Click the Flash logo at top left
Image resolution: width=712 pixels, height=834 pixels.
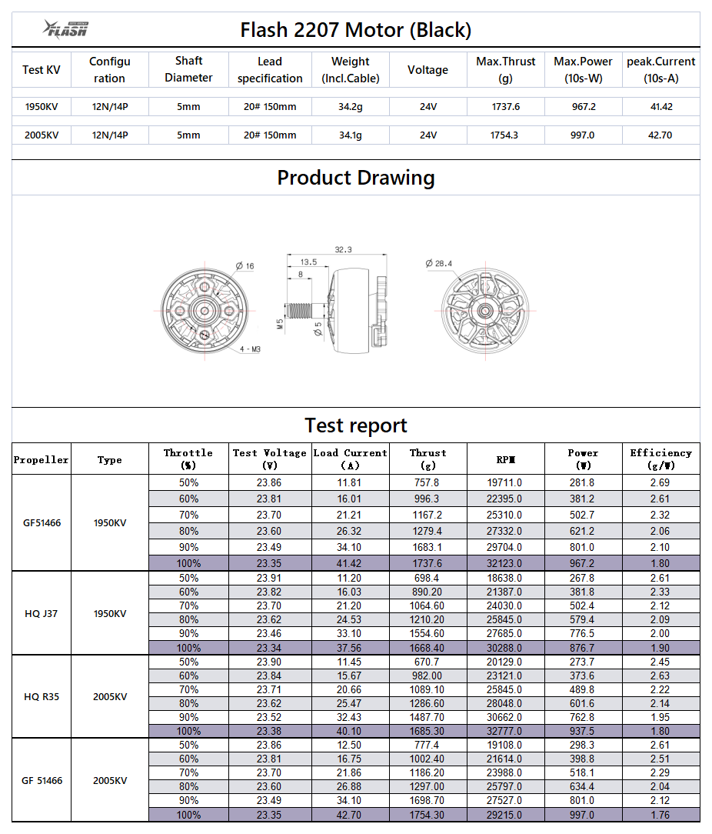pos(66,29)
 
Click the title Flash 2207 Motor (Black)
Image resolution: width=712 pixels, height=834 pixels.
pos(355,30)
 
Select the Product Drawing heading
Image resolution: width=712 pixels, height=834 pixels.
pos(355,178)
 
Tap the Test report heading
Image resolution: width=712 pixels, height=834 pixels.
pos(355,425)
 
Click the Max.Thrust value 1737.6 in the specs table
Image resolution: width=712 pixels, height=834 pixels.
pos(505,107)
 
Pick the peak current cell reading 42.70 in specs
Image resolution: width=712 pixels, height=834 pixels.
pos(660,135)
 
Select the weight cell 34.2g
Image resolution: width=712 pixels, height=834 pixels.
pos(350,107)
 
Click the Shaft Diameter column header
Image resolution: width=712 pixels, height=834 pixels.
pos(188,69)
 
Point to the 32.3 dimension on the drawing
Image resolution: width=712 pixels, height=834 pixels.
pos(343,249)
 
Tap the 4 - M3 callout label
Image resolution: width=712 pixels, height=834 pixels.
pos(250,349)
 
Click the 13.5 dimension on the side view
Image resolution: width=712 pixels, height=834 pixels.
pos(308,262)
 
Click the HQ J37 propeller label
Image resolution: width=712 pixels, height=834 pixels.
pos(42,613)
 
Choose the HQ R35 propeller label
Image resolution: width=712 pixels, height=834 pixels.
pos(42,696)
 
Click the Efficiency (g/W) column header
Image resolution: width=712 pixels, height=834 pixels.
pos(660,459)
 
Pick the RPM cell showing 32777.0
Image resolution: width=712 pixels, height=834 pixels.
pos(505,731)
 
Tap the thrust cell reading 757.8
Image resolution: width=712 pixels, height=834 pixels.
pos(428,482)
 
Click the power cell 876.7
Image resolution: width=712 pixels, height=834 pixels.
pos(583,648)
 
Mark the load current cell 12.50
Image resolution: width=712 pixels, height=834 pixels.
pos(350,745)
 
